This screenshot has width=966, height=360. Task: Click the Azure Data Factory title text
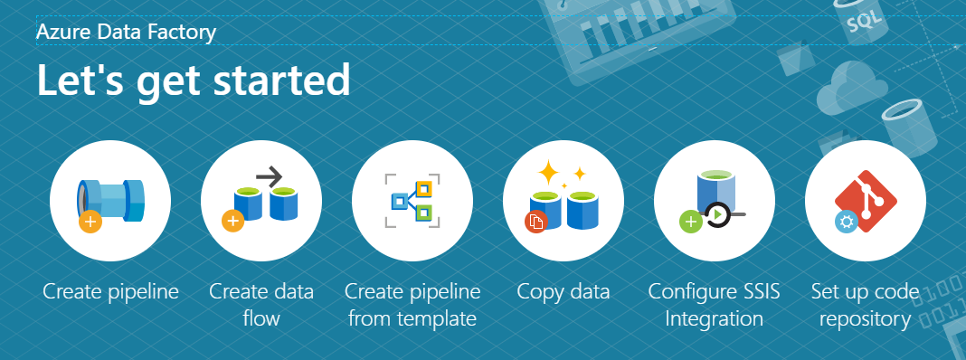click(x=126, y=33)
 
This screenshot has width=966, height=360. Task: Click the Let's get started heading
click(x=193, y=81)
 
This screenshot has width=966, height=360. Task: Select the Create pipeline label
click(x=110, y=291)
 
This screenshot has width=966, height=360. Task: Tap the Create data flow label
click(x=261, y=305)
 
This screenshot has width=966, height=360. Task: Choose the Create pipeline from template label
click(x=412, y=305)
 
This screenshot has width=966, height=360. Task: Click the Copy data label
click(x=563, y=291)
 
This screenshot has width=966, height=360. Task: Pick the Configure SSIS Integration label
click(x=715, y=305)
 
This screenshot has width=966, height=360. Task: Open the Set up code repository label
click(x=865, y=305)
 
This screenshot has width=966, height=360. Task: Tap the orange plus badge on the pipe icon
click(x=90, y=220)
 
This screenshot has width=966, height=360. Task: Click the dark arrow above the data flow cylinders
click(x=270, y=175)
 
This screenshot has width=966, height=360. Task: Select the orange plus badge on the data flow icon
click(x=233, y=220)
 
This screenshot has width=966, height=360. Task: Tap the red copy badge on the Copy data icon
click(x=536, y=220)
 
